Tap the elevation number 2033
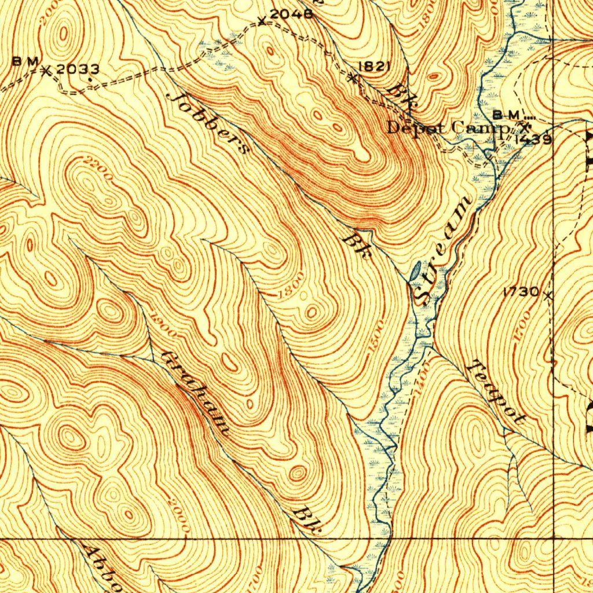pyautogui.click(x=78, y=69)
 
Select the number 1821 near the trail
pyautogui.click(x=373, y=66)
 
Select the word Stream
pyautogui.click(x=444, y=250)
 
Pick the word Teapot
pyautogui.click(x=497, y=392)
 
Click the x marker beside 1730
pyautogui.click(x=548, y=295)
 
